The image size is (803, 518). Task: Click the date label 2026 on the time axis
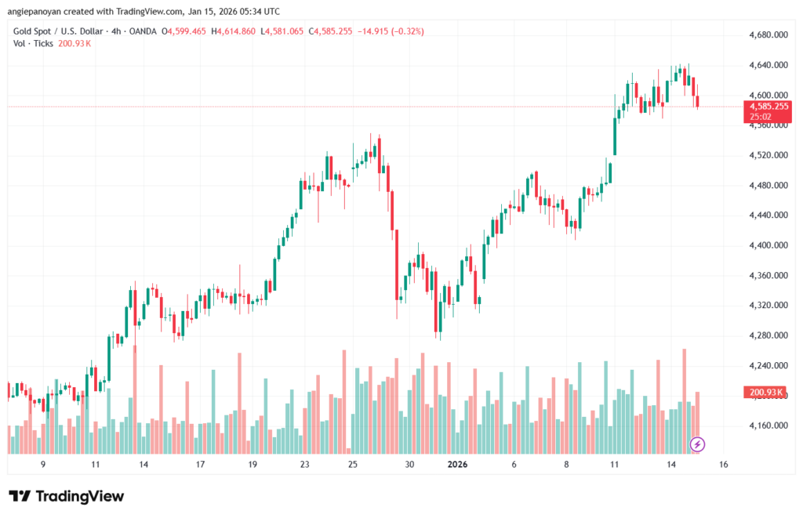(458, 465)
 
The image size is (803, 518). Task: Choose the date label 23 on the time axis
(304, 465)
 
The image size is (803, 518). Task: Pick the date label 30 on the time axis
(409, 465)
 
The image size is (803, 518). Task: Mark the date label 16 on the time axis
(723, 465)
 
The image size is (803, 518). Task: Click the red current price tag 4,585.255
(768, 106)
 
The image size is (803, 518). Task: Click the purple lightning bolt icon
(697, 444)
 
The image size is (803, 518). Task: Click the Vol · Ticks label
(31, 43)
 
